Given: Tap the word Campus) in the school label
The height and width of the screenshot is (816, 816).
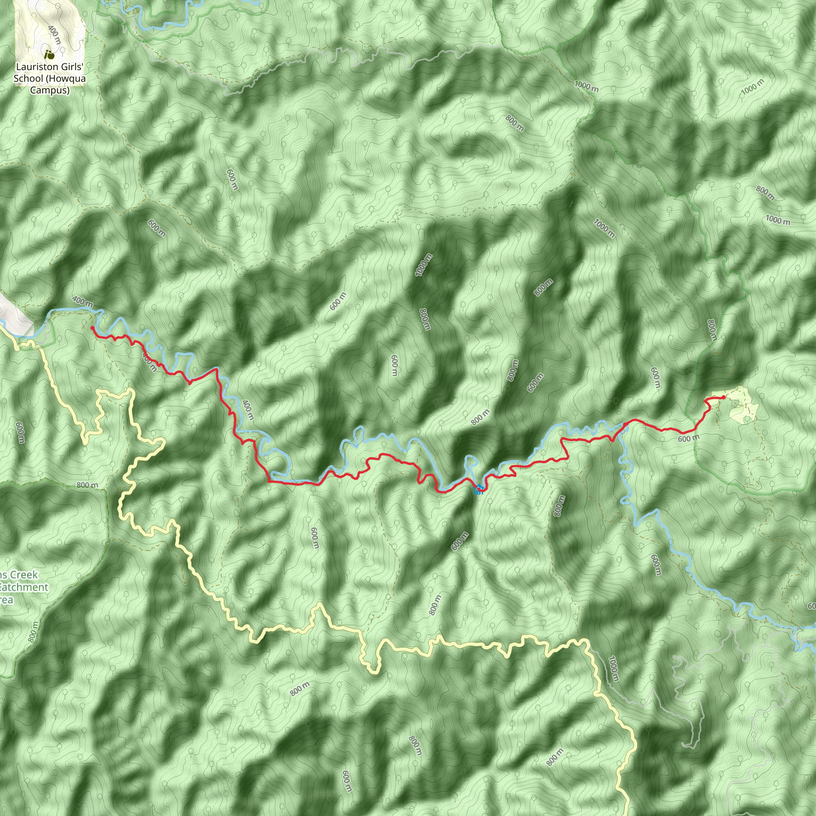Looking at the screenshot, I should tap(49, 90).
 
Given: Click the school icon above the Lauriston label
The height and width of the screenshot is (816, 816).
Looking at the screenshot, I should tap(49, 55).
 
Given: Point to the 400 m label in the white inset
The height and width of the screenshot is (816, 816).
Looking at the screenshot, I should tap(54, 35).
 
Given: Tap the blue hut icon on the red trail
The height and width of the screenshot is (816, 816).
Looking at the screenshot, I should tap(479, 490).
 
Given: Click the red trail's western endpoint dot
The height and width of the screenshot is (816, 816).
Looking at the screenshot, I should tap(92, 328).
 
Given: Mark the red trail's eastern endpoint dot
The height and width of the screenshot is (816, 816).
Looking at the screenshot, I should tap(724, 397).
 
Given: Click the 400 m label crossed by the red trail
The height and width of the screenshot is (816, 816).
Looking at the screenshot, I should tap(150, 363).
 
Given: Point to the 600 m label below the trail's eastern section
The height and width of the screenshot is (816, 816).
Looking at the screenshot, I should tap(688, 439).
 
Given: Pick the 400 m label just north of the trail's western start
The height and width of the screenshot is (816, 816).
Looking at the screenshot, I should tap(83, 301).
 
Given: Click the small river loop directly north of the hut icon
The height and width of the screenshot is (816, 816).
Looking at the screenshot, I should tap(470, 463).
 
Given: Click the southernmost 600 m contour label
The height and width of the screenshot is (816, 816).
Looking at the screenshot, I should tap(346, 781).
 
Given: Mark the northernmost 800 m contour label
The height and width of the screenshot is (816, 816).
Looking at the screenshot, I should tap(514, 123).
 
